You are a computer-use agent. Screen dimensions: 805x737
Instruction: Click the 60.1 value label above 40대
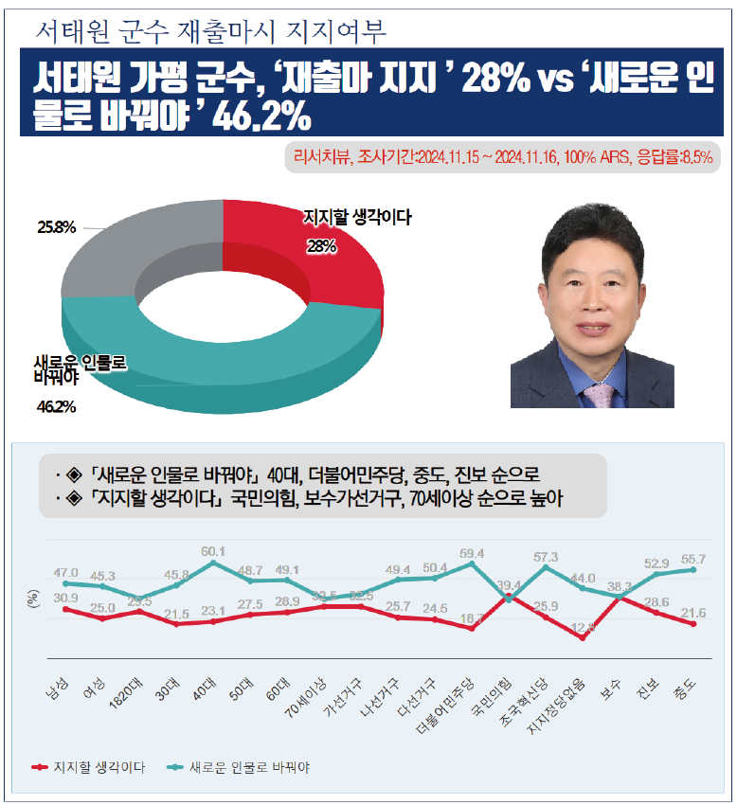(213, 551)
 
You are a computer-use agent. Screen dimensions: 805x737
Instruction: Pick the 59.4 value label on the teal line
(472, 553)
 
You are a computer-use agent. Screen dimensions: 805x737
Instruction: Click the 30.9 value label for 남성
(65, 598)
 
